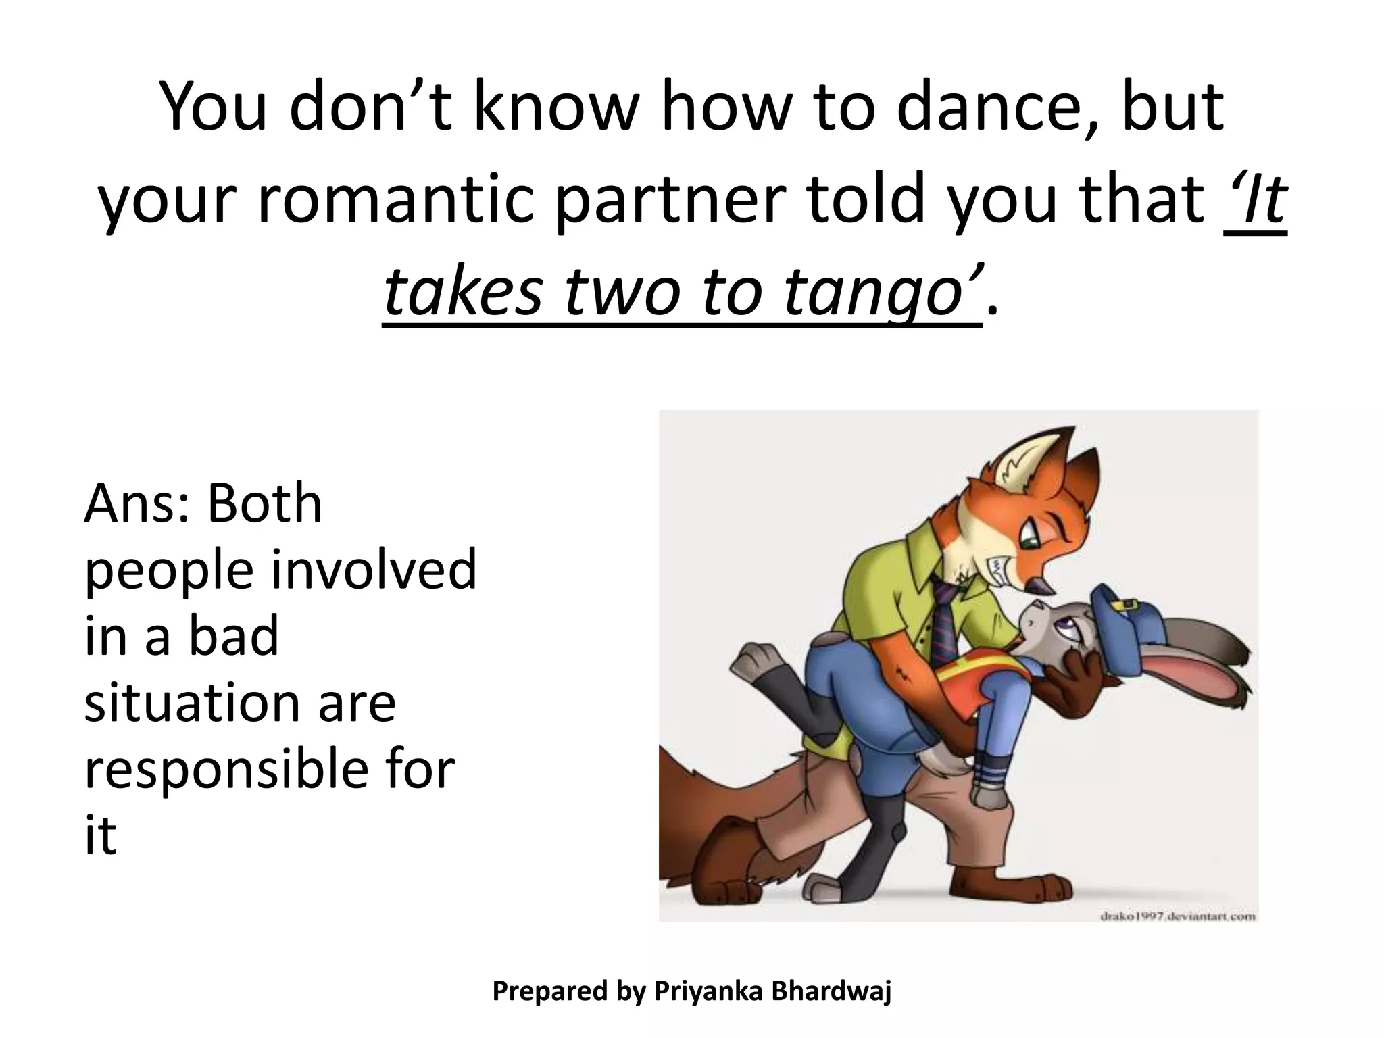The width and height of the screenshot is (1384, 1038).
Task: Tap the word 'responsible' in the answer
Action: pyautogui.click(x=236, y=770)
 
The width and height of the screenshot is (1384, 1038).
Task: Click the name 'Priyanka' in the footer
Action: pyautogui.click(x=708, y=991)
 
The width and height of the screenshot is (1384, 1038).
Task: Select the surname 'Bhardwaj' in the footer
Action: pyautogui.click(x=831, y=991)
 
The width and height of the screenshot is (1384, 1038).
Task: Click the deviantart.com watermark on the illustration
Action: pyautogui.click(x=1177, y=916)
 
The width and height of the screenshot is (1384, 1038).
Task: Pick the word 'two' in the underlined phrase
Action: pyautogui.click(x=629, y=292)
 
